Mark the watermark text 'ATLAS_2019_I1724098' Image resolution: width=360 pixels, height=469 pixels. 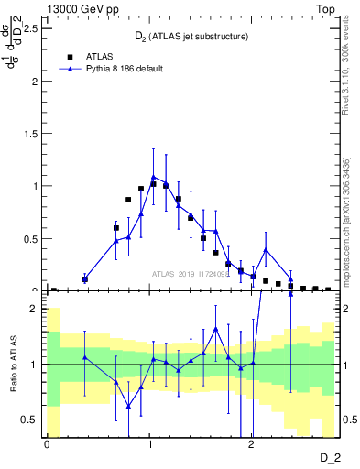tap(191, 275)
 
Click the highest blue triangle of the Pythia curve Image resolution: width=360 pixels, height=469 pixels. tap(154, 177)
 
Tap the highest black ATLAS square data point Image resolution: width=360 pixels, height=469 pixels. tap(153, 184)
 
